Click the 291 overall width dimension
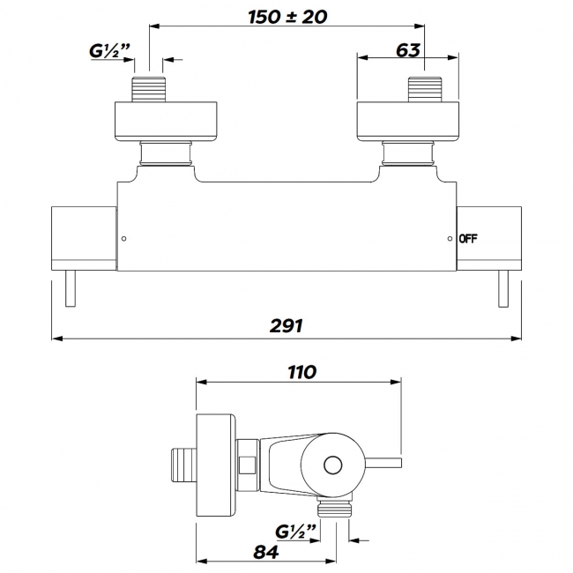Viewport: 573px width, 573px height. click(x=286, y=325)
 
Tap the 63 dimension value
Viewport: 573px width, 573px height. click(x=407, y=49)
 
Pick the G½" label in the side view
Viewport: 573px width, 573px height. click(x=294, y=532)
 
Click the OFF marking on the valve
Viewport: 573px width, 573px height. click(x=468, y=239)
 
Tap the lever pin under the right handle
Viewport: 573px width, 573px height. click(x=505, y=287)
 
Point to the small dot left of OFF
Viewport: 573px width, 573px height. click(x=450, y=239)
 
